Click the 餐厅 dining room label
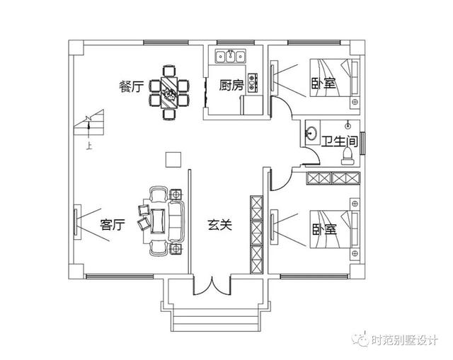click(132, 86)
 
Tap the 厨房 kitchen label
click(231, 85)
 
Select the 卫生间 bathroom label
click(340, 141)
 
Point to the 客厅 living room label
click(113, 224)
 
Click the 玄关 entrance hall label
click(220, 225)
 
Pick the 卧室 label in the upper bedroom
click(324, 83)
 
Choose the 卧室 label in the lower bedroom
click(324, 229)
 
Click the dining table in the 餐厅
click(169, 93)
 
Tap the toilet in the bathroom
click(348, 156)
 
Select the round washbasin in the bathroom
click(311, 133)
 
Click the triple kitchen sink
click(230, 57)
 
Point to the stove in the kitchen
click(252, 83)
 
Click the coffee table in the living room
click(158, 221)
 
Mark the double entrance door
click(212, 286)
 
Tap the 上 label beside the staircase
click(89, 146)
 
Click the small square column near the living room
click(173, 160)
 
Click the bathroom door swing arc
click(313, 156)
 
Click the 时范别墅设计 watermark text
click(404, 340)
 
